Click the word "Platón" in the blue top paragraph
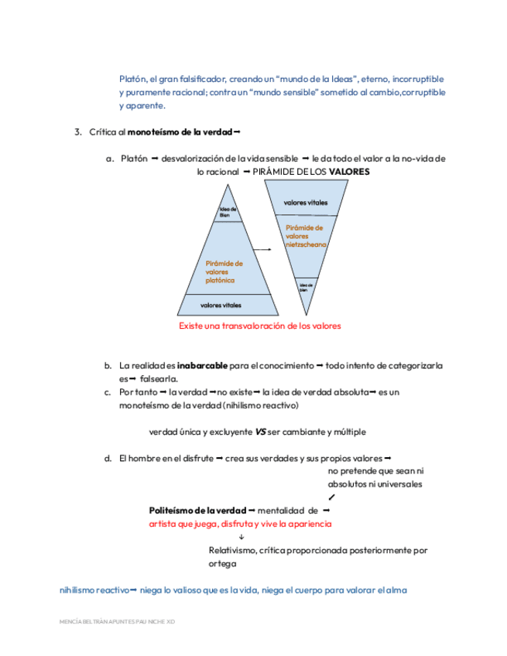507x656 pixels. pos(133,79)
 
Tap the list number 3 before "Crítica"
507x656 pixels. pos(78,132)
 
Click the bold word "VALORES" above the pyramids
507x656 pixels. pos(349,171)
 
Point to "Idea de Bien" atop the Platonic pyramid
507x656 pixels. pos(228,212)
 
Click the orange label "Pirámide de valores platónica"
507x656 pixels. pos(224,272)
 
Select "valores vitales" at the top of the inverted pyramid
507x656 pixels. pos(306,203)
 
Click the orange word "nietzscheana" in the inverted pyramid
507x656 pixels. pos(306,244)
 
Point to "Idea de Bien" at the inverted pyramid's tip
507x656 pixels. pos(305,286)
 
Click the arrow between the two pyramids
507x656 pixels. pos(264,249)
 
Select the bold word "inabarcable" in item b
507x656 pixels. pos(202,365)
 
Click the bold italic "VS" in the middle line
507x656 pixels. pos(260,432)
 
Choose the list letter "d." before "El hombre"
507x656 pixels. pos(108,459)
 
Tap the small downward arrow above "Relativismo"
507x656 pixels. pos(242,537)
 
